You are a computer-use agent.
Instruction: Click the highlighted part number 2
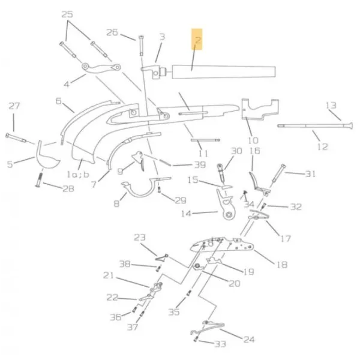point(197,40)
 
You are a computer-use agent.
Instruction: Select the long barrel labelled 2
point(224,72)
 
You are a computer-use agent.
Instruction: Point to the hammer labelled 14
point(226,205)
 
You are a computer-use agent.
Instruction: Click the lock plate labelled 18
point(222,245)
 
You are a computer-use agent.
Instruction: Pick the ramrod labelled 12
point(315,126)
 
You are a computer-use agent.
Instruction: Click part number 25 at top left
point(67,14)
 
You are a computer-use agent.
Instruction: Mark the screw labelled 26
point(141,46)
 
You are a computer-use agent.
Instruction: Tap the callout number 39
point(200,164)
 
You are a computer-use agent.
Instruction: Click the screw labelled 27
point(16,138)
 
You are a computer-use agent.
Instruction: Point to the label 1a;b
point(78,175)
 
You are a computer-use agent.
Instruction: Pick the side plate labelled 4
point(101,68)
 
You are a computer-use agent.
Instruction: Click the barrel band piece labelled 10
point(260,109)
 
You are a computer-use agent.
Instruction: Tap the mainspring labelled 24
point(208,328)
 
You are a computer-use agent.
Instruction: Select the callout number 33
point(220,344)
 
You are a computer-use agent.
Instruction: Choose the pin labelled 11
point(205,140)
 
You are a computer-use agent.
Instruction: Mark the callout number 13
point(331,106)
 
